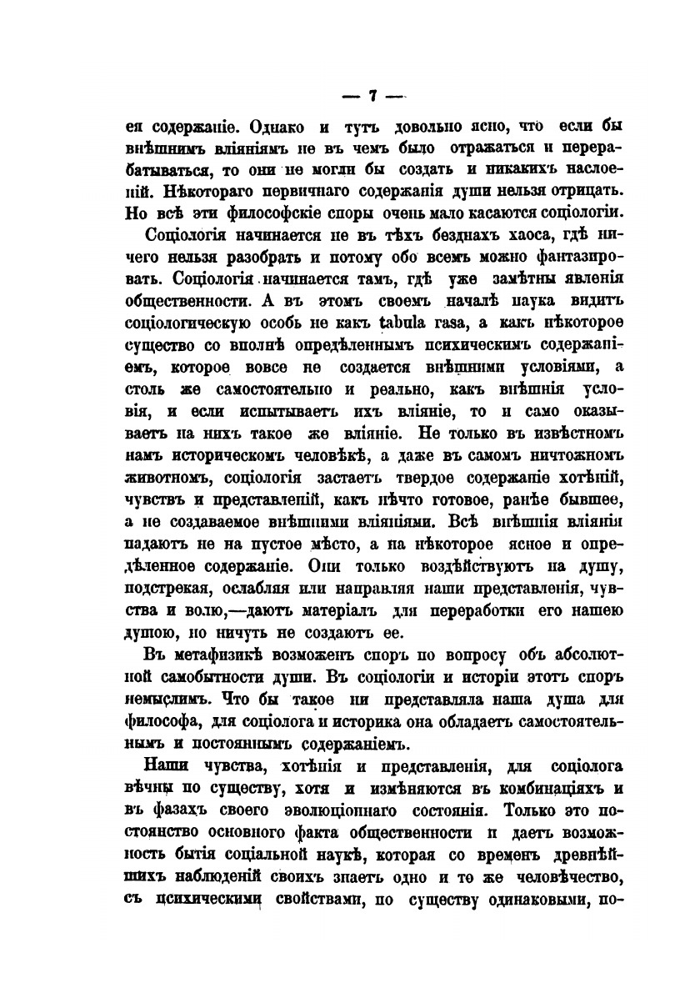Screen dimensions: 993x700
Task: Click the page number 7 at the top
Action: [372, 95]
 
